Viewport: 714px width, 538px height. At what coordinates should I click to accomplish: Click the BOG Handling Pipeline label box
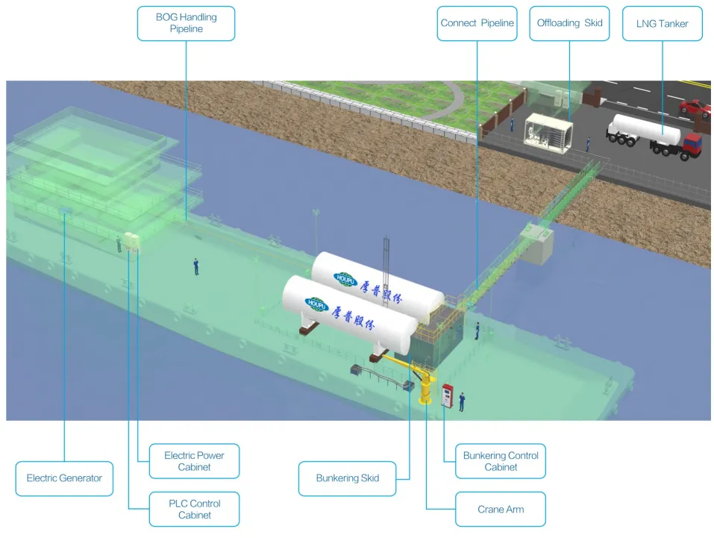(186, 23)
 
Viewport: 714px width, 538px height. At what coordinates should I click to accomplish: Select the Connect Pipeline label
(477, 23)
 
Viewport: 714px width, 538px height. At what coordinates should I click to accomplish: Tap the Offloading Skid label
(569, 23)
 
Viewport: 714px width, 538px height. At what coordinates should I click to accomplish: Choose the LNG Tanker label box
(662, 24)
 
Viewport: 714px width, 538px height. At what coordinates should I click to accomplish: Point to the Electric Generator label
(64, 478)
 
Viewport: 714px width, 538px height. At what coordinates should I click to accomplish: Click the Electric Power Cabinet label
(194, 461)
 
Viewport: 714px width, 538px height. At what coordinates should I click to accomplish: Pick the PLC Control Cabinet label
(194, 509)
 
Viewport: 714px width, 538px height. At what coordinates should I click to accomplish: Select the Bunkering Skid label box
(347, 478)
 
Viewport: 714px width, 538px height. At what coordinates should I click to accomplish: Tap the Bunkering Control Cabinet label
(500, 461)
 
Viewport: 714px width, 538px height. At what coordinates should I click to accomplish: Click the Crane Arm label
(500, 510)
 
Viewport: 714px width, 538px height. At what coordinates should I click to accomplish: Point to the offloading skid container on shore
(548, 133)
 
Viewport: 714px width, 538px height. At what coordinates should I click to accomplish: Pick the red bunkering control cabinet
(447, 395)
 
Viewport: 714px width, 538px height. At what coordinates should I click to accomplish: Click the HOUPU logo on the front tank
(316, 304)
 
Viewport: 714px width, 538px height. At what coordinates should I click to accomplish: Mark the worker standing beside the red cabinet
(462, 401)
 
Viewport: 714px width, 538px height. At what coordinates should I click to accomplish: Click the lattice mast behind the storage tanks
(386, 257)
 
